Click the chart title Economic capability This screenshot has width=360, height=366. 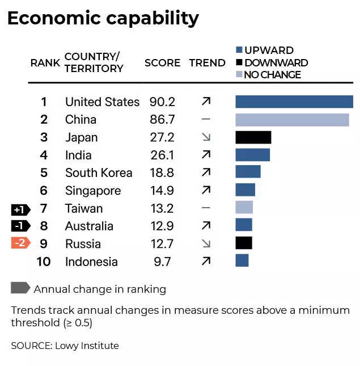[x=103, y=18]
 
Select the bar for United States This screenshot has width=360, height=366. [x=294, y=102]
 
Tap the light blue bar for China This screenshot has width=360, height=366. [x=292, y=120]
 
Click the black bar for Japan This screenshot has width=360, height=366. [x=253, y=137]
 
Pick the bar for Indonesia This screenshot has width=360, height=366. [x=242, y=261]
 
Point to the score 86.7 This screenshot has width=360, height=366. [x=162, y=120]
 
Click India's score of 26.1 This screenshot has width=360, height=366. [x=162, y=155]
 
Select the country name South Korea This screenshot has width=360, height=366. [x=99, y=173]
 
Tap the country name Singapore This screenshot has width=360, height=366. [x=93, y=191]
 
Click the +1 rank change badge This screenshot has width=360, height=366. [x=20, y=209]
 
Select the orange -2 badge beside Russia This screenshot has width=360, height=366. [x=20, y=244]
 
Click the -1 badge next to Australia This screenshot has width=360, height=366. [x=20, y=226]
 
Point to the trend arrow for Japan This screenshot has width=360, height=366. [x=206, y=137]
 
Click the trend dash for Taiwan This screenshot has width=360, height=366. [x=206, y=208]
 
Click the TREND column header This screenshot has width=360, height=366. [x=207, y=63]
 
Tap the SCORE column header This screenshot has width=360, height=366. [x=162, y=63]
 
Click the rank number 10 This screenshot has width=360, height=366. [x=44, y=262]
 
